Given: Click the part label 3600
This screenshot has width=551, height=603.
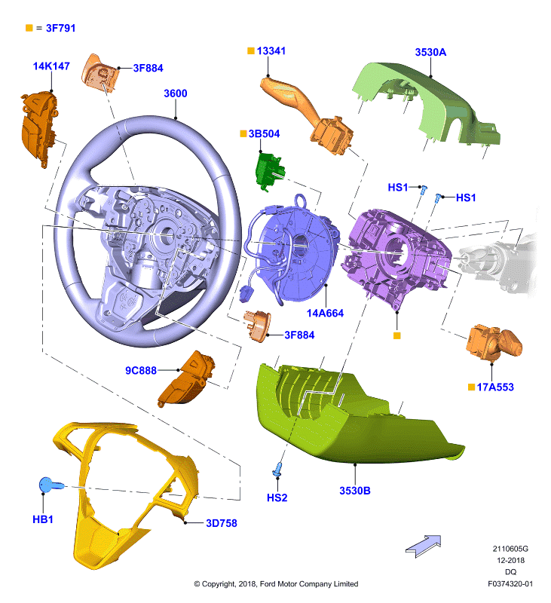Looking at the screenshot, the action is click(x=176, y=93).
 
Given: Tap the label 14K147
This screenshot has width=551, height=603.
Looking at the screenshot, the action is click(x=51, y=66).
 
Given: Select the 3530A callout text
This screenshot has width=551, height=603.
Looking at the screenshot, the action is click(x=430, y=52).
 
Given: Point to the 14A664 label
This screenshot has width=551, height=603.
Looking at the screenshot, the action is click(x=325, y=313).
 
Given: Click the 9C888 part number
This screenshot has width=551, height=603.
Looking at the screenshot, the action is click(x=141, y=370).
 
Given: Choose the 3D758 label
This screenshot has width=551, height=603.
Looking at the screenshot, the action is click(x=222, y=523).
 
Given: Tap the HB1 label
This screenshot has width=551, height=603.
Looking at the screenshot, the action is click(x=43, y=519).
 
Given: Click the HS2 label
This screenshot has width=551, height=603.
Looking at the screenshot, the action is click(x=277, y=497).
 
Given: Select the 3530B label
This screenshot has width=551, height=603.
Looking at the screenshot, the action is click(x=355, y=491).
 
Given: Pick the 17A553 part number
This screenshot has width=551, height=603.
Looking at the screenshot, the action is click(x=495, y=387).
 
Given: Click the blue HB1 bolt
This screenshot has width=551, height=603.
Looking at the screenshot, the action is click(x=50, y=485).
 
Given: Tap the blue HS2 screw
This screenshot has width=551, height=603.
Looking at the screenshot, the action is click(x=277, y=469).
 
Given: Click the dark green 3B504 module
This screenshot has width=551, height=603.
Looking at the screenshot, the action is click(x=270, y=172).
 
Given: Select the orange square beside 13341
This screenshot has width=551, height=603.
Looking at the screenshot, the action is click(x=251, y=51).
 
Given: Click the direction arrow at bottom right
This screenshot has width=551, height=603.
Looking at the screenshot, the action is click(x=424, y=545).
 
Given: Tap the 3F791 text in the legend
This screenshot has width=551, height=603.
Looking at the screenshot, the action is click(x=61, y=28).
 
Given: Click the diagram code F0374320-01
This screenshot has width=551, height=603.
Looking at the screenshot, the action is click(x=510, y=583).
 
